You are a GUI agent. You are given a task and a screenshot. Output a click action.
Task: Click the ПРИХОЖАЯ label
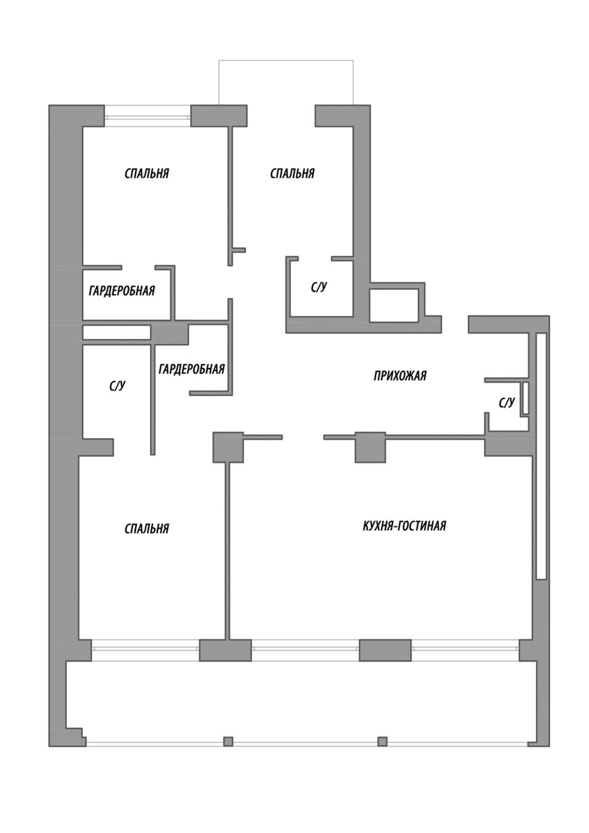[x=399, y=376]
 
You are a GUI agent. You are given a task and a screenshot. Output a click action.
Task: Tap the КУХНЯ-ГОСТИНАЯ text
[x=404, y=526]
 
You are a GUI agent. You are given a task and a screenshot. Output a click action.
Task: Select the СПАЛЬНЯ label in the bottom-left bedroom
[x=146, y=528]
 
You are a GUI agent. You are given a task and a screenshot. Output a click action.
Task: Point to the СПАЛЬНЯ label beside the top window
[x=146, y=173]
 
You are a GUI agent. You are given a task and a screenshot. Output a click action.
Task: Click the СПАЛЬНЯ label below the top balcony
[x=292, y=173]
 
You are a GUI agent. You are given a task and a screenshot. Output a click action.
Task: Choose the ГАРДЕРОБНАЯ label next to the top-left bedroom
[x=122, y=290]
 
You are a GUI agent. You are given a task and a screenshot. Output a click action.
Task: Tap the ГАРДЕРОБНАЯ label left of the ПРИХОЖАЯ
[x=191, y=369]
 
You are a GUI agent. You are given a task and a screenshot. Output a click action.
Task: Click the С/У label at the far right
[x=507, y=402]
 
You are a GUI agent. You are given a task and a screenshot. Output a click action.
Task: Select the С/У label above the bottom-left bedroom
[x=117, y=386]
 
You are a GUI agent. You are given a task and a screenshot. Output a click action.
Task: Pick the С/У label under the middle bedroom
[x=319, y=287]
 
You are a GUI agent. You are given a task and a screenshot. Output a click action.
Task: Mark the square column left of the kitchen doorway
[x=228, y=447]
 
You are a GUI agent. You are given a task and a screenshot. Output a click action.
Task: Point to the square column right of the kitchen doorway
[x=370, y=447]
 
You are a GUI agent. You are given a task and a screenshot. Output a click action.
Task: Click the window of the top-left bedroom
[x=147, y=117]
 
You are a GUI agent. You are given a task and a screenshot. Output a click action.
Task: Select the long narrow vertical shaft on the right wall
[x=541, y=455]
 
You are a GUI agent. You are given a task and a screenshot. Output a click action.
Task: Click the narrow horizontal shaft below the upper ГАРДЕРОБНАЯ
[x=116, y=332]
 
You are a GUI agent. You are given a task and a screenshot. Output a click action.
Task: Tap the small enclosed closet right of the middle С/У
[x=394, y=305]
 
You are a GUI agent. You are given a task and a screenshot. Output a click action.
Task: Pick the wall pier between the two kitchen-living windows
[x=385, y=650]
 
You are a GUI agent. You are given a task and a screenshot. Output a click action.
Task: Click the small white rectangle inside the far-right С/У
[x=525, y=397]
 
